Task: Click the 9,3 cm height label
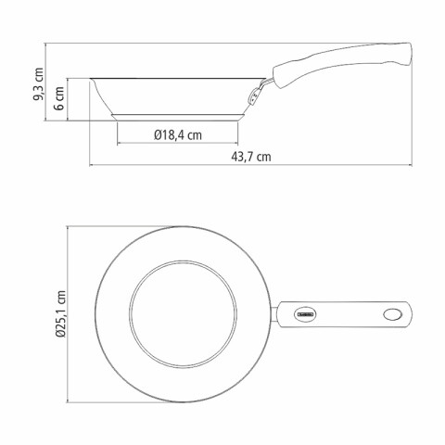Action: [x=38, y=82]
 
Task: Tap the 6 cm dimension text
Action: [x=59, y=98]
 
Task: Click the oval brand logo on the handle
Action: [x=306, y=314]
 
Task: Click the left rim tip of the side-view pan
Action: [x=93, y=79]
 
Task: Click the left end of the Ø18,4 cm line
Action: [x=120, y=144]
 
